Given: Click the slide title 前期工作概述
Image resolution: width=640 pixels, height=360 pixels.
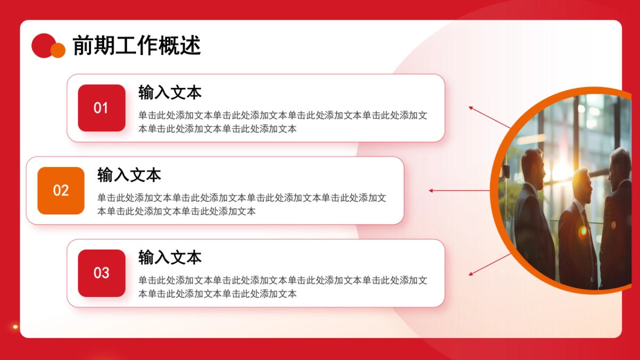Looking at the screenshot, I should point(137,46).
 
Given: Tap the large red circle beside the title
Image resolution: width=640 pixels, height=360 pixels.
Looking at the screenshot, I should point(42,45).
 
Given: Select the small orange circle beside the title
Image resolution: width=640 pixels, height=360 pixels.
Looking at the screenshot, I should point(58,50).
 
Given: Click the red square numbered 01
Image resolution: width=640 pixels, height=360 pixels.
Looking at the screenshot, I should point(101,108).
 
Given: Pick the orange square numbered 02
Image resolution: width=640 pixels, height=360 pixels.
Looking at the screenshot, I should point(61,190).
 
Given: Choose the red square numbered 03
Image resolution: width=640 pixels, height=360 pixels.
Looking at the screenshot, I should point(101,273).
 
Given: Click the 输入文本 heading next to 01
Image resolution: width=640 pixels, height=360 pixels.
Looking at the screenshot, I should point(170,92).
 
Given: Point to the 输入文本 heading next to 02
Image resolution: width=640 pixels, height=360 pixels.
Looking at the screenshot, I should point(129,175).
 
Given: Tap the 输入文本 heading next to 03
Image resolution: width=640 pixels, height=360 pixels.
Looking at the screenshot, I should point(170,258).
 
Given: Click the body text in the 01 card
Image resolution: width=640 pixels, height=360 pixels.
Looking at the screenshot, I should point(283,122).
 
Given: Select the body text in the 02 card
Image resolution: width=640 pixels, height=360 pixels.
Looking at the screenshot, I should point(242,204).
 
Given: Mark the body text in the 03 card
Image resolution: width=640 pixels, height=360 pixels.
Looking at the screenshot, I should point(283,287).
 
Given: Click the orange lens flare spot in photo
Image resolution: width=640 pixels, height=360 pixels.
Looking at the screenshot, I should point(583,231).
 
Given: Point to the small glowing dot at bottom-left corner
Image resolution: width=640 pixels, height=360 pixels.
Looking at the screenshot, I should point(15,326).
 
